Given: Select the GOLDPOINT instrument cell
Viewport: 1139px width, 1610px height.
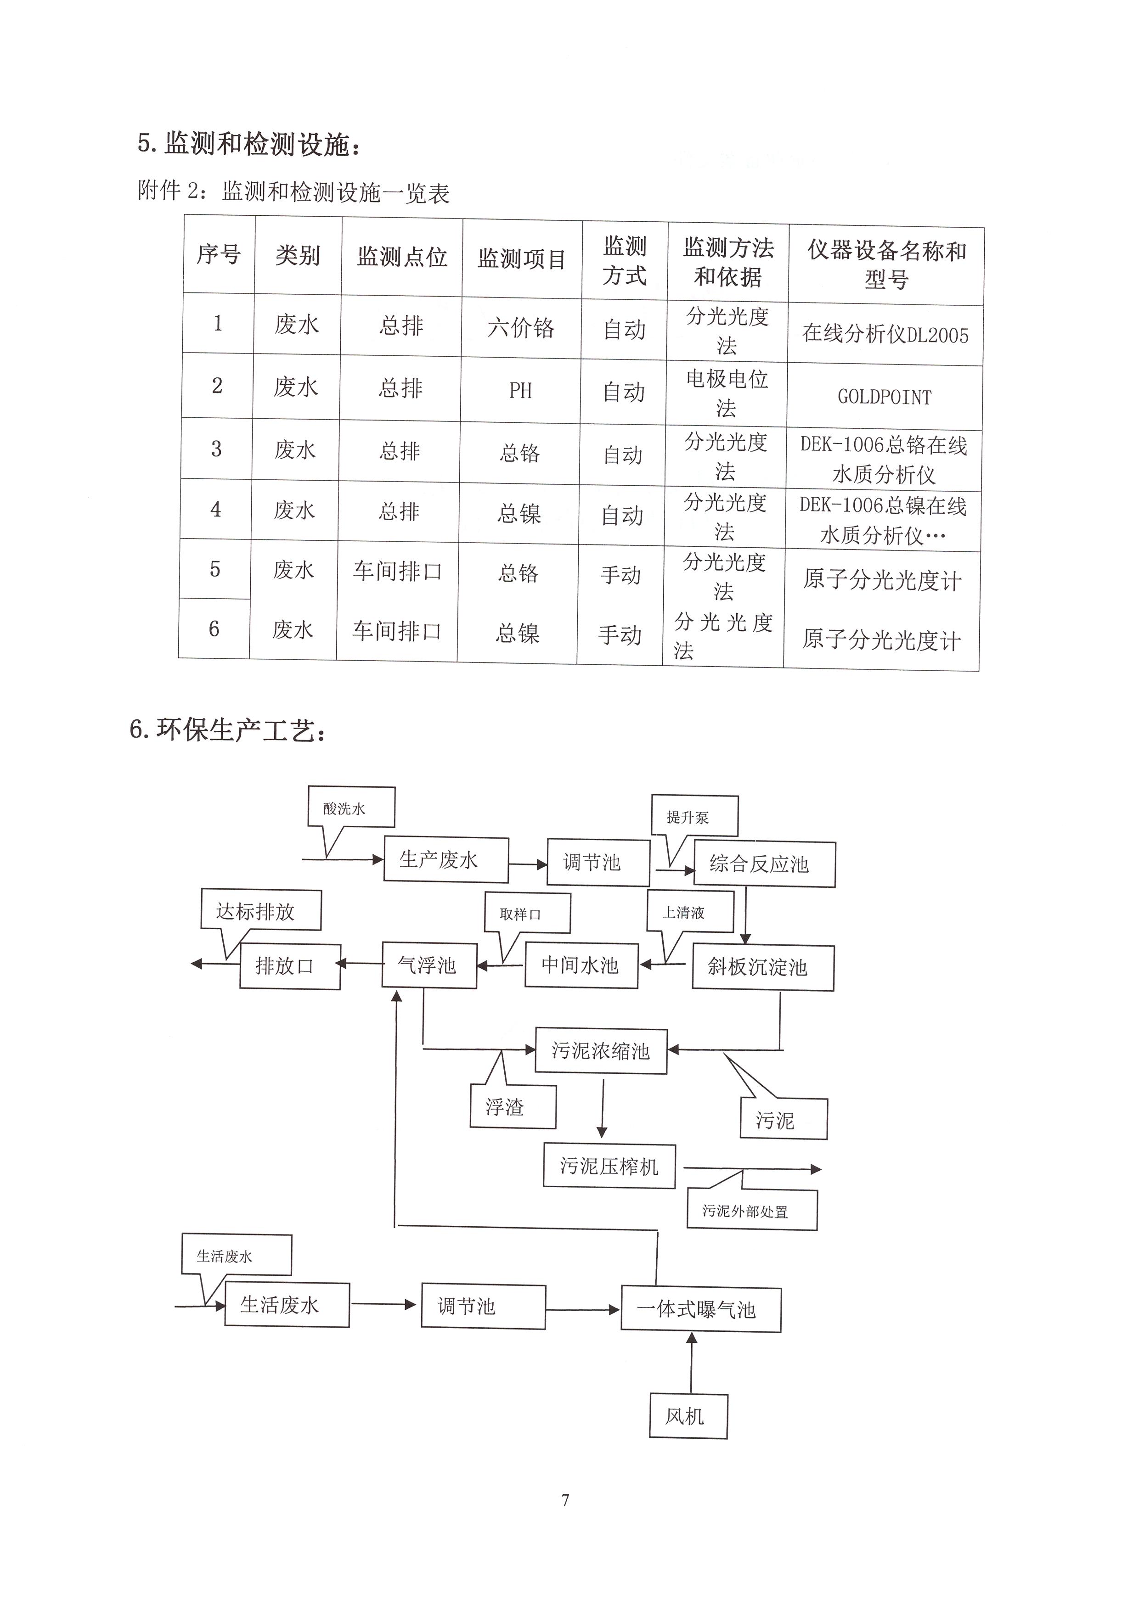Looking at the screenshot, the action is pos(885,397).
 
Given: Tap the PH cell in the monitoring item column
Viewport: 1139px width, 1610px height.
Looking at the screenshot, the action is pos(520,390).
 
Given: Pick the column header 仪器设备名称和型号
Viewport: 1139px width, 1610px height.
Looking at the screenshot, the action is pos(886,264).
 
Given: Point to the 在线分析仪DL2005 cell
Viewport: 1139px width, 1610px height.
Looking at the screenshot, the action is pos(885,334).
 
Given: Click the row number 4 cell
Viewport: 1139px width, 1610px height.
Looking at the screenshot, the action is pos(216,509).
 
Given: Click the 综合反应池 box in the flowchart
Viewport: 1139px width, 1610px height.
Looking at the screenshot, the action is pos(764,864).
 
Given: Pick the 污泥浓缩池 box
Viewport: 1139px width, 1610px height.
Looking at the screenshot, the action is pos(601,1050).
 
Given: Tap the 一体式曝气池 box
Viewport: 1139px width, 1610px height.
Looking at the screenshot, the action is pos(701,1309).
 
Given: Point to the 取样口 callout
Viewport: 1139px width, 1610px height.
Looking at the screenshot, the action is pos(527,914).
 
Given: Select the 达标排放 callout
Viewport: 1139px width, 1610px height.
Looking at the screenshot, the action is pos(261,910).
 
